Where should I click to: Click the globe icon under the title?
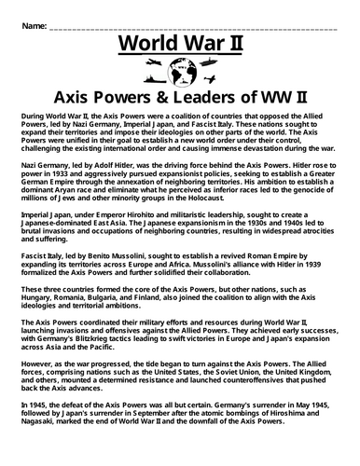tap(180, 73)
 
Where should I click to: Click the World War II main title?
tap(180, 48)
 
